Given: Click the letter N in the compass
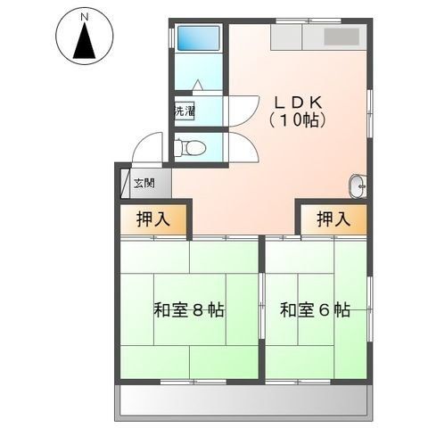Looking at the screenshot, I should click(83, 16).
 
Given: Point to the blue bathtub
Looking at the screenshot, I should click(198, 38).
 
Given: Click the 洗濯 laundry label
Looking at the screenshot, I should click(184, 111).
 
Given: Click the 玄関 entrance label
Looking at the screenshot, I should click(144, 184).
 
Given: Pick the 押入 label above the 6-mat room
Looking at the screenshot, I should click(332, 218).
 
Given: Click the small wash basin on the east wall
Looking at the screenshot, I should click(358, 185).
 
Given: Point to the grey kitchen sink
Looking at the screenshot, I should click(342, 37).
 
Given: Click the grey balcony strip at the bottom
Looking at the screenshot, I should click(242, 401).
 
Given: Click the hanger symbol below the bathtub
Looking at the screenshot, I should click(197, 85).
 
